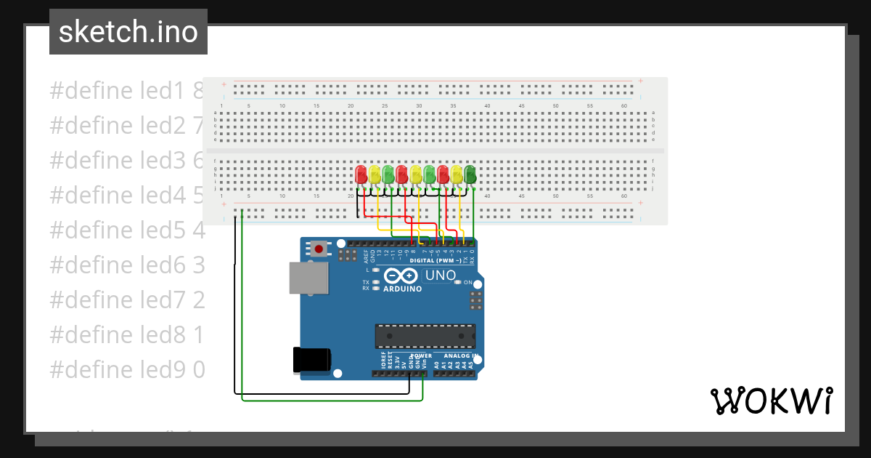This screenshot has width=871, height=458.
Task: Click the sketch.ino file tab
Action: click(128, 32)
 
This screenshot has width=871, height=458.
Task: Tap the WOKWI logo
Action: click(770, 401)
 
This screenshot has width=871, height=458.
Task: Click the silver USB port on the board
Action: click(308, 278)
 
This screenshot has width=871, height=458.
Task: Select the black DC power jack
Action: click(311, 361)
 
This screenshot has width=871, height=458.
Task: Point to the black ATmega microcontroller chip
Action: click(425, 337)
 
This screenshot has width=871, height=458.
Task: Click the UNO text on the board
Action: click(440, 276)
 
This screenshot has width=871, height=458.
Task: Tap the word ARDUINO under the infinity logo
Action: click(402, 289)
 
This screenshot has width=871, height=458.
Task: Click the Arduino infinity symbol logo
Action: click(401, 276)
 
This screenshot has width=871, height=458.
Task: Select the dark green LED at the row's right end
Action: click(470, 174)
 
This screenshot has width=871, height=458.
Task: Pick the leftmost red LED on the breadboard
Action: click(361, 174)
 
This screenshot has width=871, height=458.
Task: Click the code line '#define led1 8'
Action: click(127, 91)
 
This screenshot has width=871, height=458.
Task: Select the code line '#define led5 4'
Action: click(127, 230)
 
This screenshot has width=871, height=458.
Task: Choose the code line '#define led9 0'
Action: click(127, 370)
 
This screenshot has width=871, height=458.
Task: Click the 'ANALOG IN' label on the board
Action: click(461, 355)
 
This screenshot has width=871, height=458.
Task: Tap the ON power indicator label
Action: click(468, 282)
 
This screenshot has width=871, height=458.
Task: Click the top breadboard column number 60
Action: click(623, 106)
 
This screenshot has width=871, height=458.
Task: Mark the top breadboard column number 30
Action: click(419, 106)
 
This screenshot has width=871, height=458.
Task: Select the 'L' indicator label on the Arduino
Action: click(367, 270)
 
